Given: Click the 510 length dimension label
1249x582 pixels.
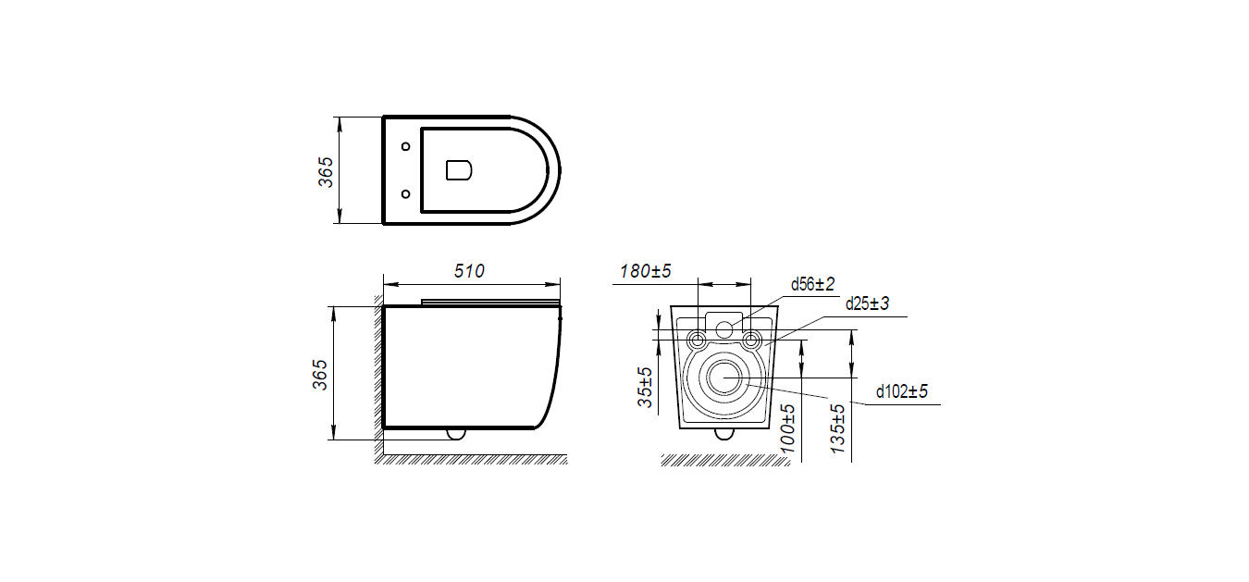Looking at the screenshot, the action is point(469,271).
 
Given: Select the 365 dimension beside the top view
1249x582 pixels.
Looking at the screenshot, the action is point(326,172).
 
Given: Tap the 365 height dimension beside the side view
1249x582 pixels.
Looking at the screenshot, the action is point(319,375).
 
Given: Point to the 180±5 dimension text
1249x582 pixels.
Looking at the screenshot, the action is point(646,271).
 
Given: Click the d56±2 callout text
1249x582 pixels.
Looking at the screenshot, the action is point(812,284).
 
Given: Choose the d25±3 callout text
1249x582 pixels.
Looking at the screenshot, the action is point(867,303).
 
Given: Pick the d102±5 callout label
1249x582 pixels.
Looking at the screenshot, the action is point(902,391).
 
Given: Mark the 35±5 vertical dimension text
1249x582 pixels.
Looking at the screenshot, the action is point(645,387).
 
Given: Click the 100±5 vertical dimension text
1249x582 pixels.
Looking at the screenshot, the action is point(787,428).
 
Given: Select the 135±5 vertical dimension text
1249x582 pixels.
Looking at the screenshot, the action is point(837,428).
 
